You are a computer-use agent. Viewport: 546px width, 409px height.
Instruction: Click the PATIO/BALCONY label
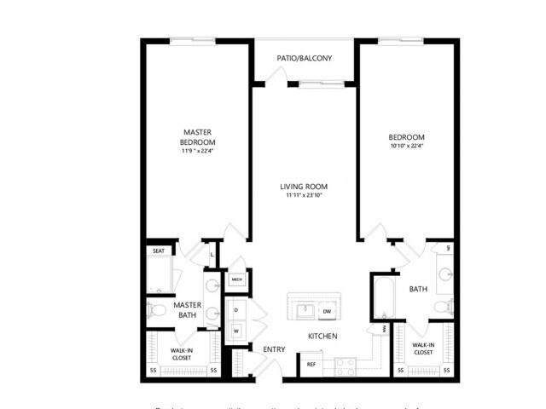(304, 58)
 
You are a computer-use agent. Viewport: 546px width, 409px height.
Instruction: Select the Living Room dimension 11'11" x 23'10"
(304, 196)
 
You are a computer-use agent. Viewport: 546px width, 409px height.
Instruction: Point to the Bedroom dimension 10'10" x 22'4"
(406, 146)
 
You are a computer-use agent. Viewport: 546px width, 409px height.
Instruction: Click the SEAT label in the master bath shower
(159, 251)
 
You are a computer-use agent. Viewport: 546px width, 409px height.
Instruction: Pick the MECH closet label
(236, 279)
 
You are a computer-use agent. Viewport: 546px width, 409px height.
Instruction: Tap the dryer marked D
(235, 310)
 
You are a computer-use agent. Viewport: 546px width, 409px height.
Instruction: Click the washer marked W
(235, 331)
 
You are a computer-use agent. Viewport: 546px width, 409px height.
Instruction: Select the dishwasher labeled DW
(327, 312)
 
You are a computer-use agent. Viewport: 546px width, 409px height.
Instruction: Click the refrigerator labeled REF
(311, 365)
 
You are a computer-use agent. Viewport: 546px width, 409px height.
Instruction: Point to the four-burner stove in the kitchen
(346, 366)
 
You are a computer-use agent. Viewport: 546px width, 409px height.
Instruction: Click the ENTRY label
(274, 349)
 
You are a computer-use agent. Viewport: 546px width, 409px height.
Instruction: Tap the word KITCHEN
(322, 336)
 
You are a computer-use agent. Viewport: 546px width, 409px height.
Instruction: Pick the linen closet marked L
(212, 254)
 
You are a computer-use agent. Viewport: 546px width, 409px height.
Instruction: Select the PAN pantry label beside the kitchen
(384, 327)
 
